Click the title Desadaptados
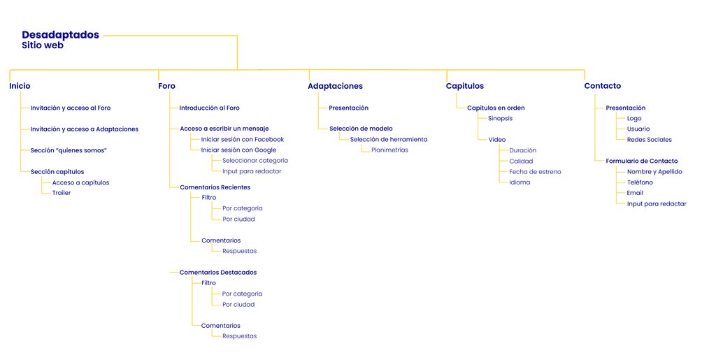[60, 35]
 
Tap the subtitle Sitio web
[43, 45]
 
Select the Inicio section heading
[20, 86]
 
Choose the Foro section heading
[166, 86]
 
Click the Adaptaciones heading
[335, 86]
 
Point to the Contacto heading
[603, 86]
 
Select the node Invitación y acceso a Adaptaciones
[85, 129]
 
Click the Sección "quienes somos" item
[69, 150]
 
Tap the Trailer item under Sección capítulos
[62, 193]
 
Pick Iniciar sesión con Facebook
[243, 140]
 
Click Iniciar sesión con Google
[239, 150]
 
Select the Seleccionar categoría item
[255, 161]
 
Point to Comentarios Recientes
[215, 187]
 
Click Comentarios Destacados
[218, 273]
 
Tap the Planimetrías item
[390, 150]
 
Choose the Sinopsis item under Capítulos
[501, 119]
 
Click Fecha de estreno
[535, 172]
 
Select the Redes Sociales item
[650, 140]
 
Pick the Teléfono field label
[640, 182]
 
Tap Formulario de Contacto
[642, 161]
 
